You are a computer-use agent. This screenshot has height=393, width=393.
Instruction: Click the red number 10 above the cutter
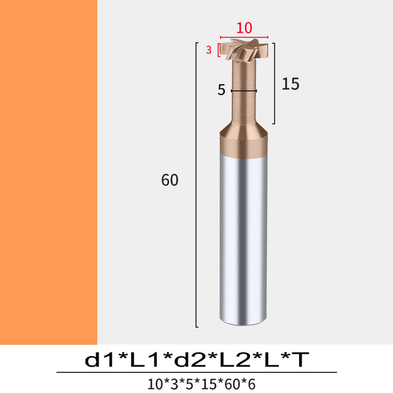click(x=244, y=28)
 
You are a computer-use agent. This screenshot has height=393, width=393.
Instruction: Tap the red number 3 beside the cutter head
click(x=209, y=50)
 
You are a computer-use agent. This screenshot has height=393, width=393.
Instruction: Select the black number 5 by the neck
click(x=221, y=90)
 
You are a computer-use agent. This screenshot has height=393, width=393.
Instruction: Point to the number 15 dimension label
click(x=290, y=84)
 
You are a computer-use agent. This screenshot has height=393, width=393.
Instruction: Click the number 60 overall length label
click(x=170, y=180)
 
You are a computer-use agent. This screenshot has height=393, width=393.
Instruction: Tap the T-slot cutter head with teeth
click(x=244, y=49)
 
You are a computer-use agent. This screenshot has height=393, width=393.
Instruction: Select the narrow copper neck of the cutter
click(x=243, y=93)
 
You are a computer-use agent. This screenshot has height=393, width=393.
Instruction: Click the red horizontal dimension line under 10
click(x=244, y=37)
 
